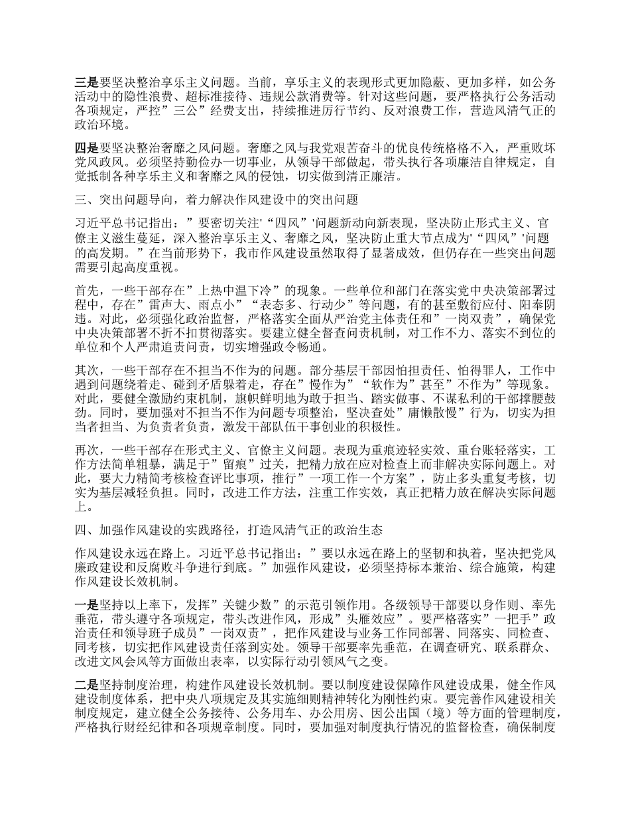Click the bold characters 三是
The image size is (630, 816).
coord(86,82)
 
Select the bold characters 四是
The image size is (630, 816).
coord(86,147)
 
